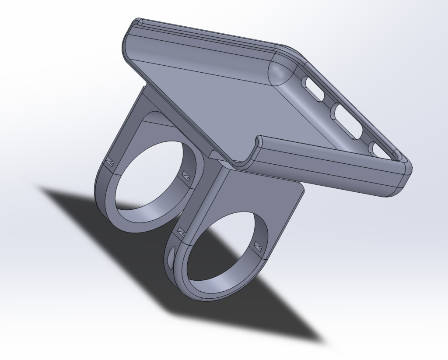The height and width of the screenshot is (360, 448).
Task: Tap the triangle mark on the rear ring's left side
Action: (x=109, y=162)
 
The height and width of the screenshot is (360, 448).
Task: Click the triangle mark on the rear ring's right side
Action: (x=186, y=175)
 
